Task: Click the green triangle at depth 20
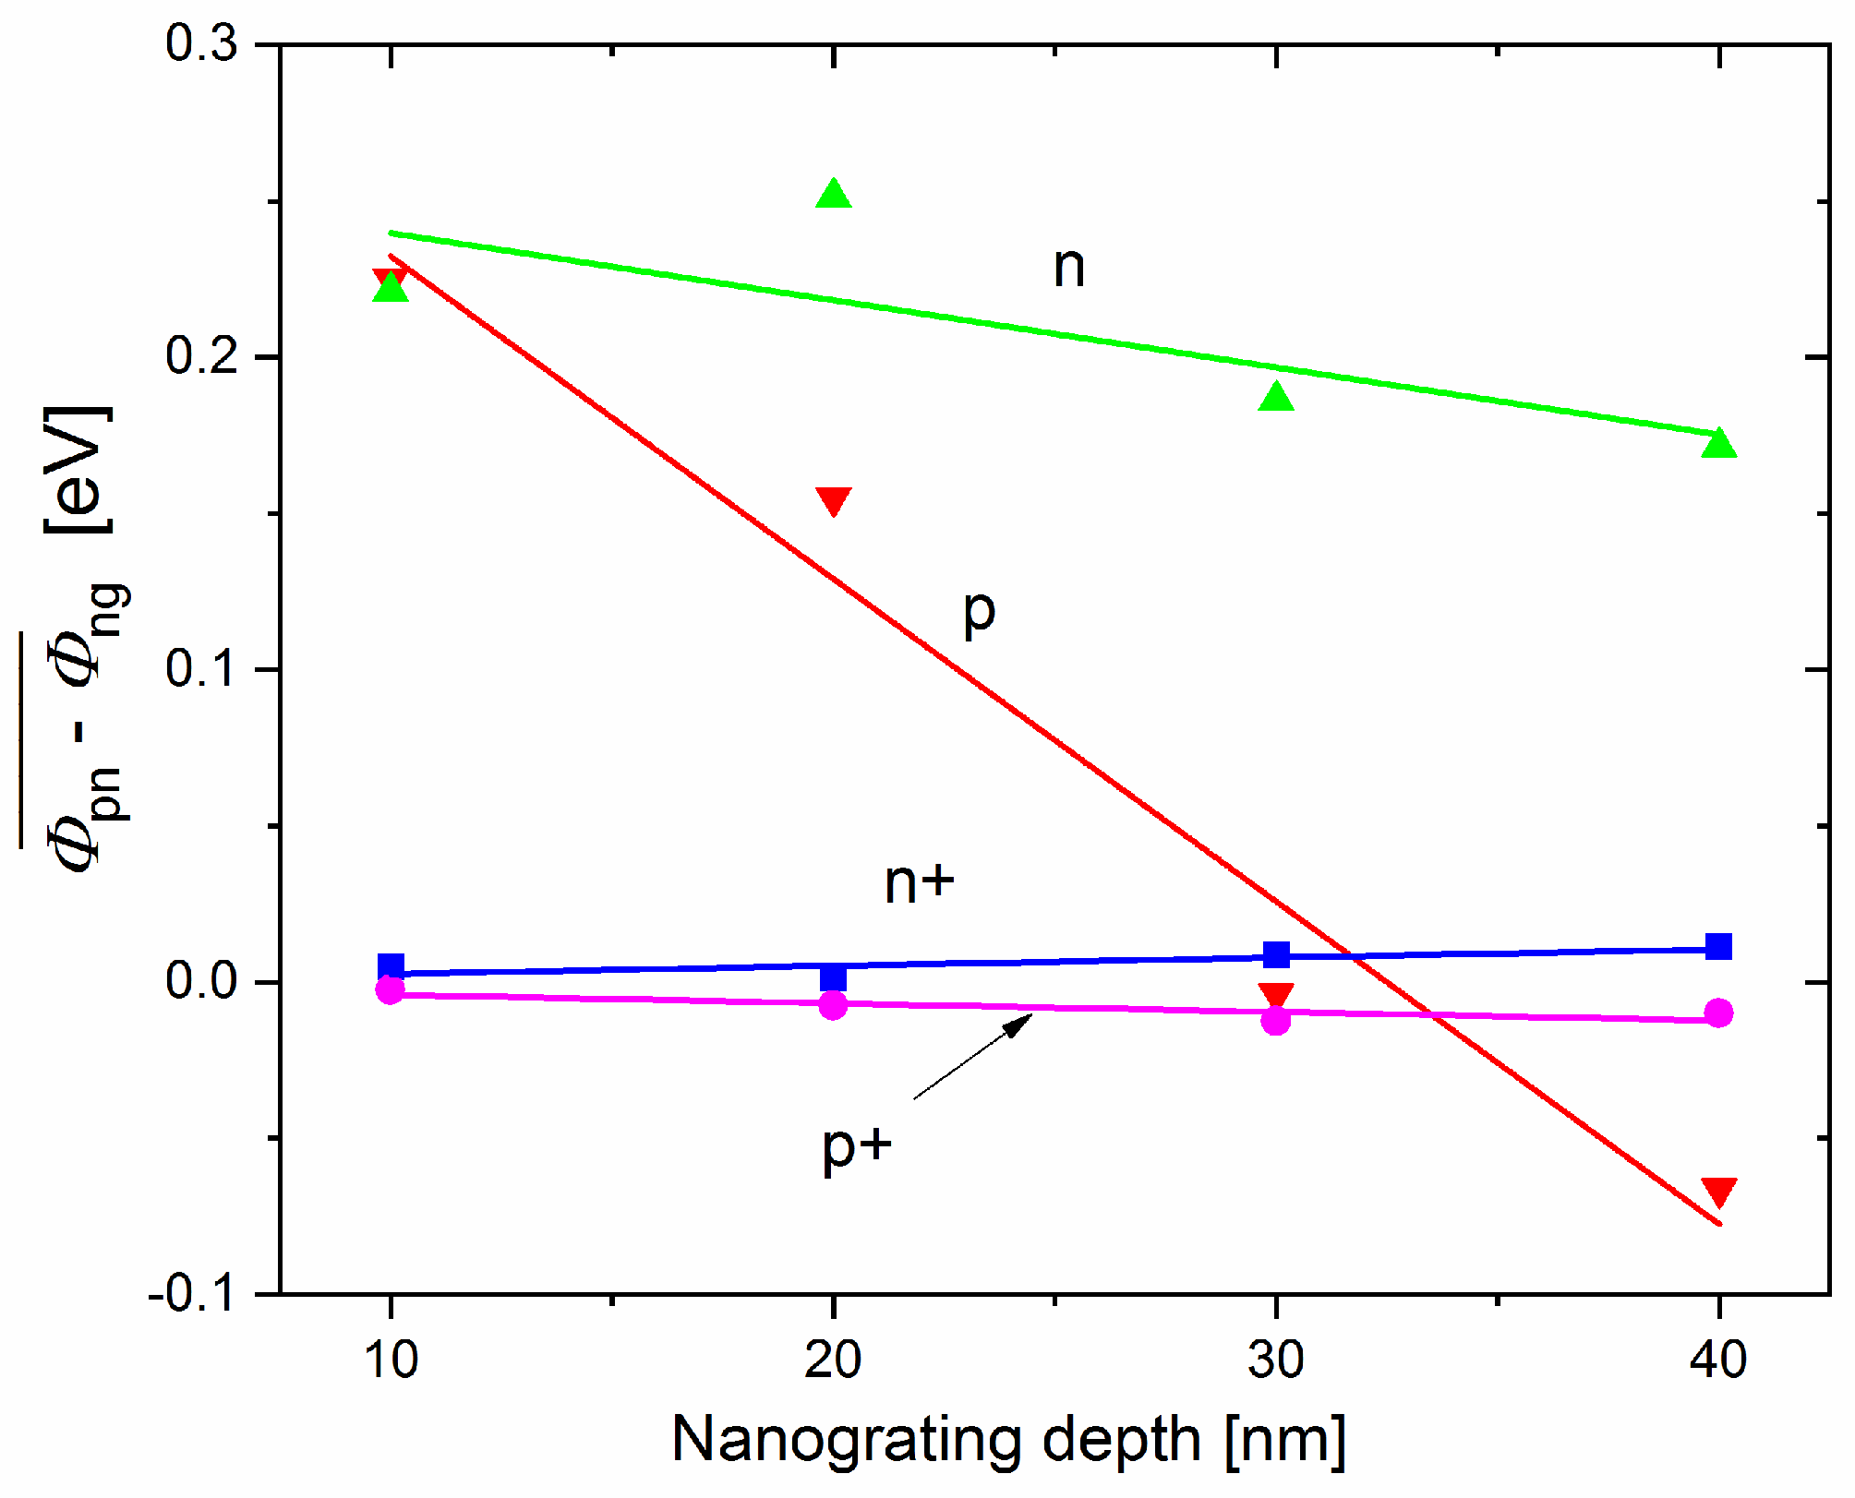point(833,195)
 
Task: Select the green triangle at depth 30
point(1276,398)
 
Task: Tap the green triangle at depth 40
point(1718,444)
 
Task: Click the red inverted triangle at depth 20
point(833,500)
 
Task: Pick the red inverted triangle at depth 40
point(1718,1192)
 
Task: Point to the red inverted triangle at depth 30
point(1276,995)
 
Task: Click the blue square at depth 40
point(1718,947)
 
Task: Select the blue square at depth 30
point(1276,954)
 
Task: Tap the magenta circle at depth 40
point(1718,1013)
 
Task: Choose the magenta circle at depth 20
point(833,1004)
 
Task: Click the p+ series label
point(857,1147)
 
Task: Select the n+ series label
point(919,882)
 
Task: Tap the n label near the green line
point(1068,268)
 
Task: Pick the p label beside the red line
point(979,612)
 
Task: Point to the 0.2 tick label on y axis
point(201,356)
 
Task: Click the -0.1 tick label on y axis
point(191,1294)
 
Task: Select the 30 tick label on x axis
point(1276,1360)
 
